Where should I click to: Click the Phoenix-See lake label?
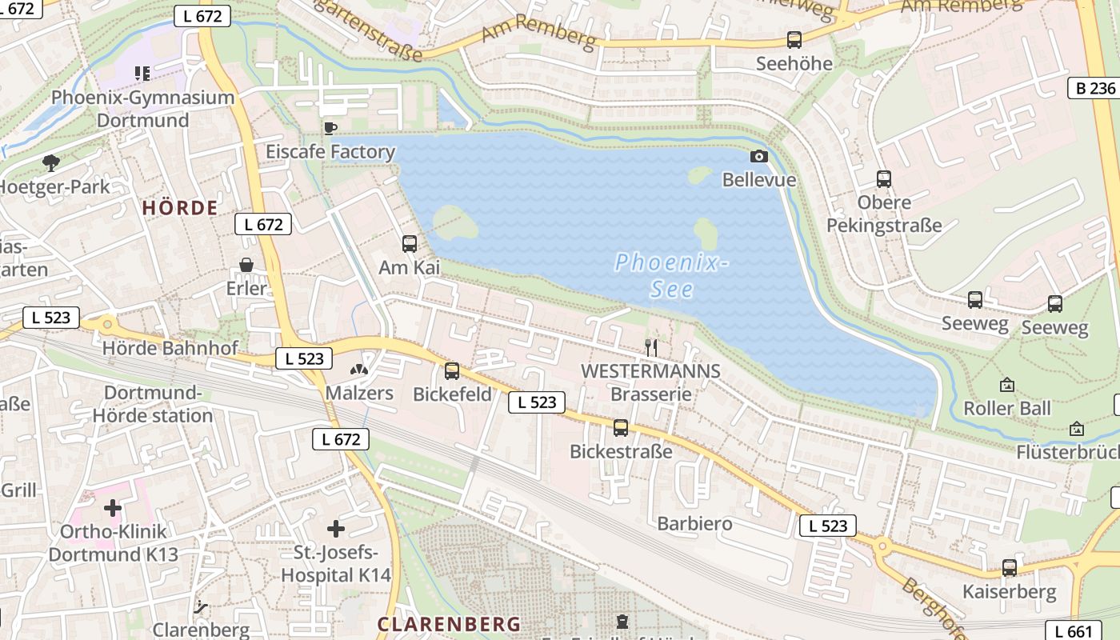pyautogui.click(x=671, y=274)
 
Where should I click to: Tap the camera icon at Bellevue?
pyautogui.click(x=758, y=156)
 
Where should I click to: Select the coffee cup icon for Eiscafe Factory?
pyautogui.click(x=330, y=128)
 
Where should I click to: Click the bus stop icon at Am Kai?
pyautogui.click(x=410, y=243)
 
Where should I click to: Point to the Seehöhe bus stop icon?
pyautogui.click(x=794, y=39)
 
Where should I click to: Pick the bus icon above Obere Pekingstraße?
pyautogui.click(x=884, y=178)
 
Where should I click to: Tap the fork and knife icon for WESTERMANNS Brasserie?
pyautogui.click(x=651, y=347)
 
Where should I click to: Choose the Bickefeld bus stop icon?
pyautogui.click(x=452, y=370)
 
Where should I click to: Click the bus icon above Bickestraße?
pyautogui.click(x=621, y=427)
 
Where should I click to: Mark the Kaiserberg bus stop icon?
pyautogui.click(x=1010, y=568)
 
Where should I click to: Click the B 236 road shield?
pyautogui.click(x=1094, y=88)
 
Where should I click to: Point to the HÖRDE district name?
pyautogui.click(x=180, y=208)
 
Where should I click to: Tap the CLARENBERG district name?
pyautogui.click(x=449, y=624)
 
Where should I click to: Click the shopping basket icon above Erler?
pyautogui.click(x=246, y=264)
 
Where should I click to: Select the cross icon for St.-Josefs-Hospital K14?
pyautogui.click(x=336, y=528)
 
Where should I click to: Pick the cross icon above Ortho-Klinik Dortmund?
pyautogui.click(x=113, y=507)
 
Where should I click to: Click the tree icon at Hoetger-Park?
pyautogui.click(x=51, y=163)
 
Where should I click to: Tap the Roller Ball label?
pyautogui.click(x=1007, y=408)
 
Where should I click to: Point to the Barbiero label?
pyautogui.click(x=694, y=523)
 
